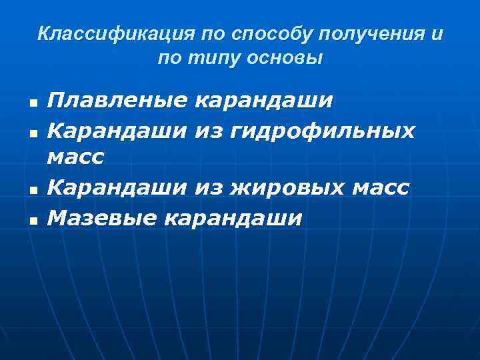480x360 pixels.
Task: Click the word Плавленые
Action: coord(117,101)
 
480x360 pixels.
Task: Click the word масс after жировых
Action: coord(379,188)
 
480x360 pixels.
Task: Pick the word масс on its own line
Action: coord(76,158)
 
